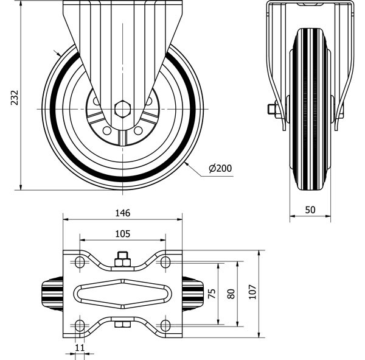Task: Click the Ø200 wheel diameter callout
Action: (x=220, y=169)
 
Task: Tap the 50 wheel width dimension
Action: (x=310, y=210)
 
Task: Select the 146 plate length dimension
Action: (x=122, y=213)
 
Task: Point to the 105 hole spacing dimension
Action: (x=122, y=233)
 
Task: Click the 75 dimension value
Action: (x=212, y=293)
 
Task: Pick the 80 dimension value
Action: (x=230, y=293)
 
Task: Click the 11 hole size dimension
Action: (x=79, y=347)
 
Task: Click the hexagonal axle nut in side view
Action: (x=122, y=110)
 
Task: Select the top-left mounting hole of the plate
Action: (x=79, y=263)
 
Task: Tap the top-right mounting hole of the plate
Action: (x=165, y=263)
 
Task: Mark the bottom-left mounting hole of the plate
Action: (x=79, y=324)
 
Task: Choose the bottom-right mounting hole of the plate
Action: (x=165, y=324)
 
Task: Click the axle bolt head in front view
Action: (x=271, y=110)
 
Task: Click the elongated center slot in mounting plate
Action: (x=122, y=293)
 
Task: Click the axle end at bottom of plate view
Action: (x=122, y=326)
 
